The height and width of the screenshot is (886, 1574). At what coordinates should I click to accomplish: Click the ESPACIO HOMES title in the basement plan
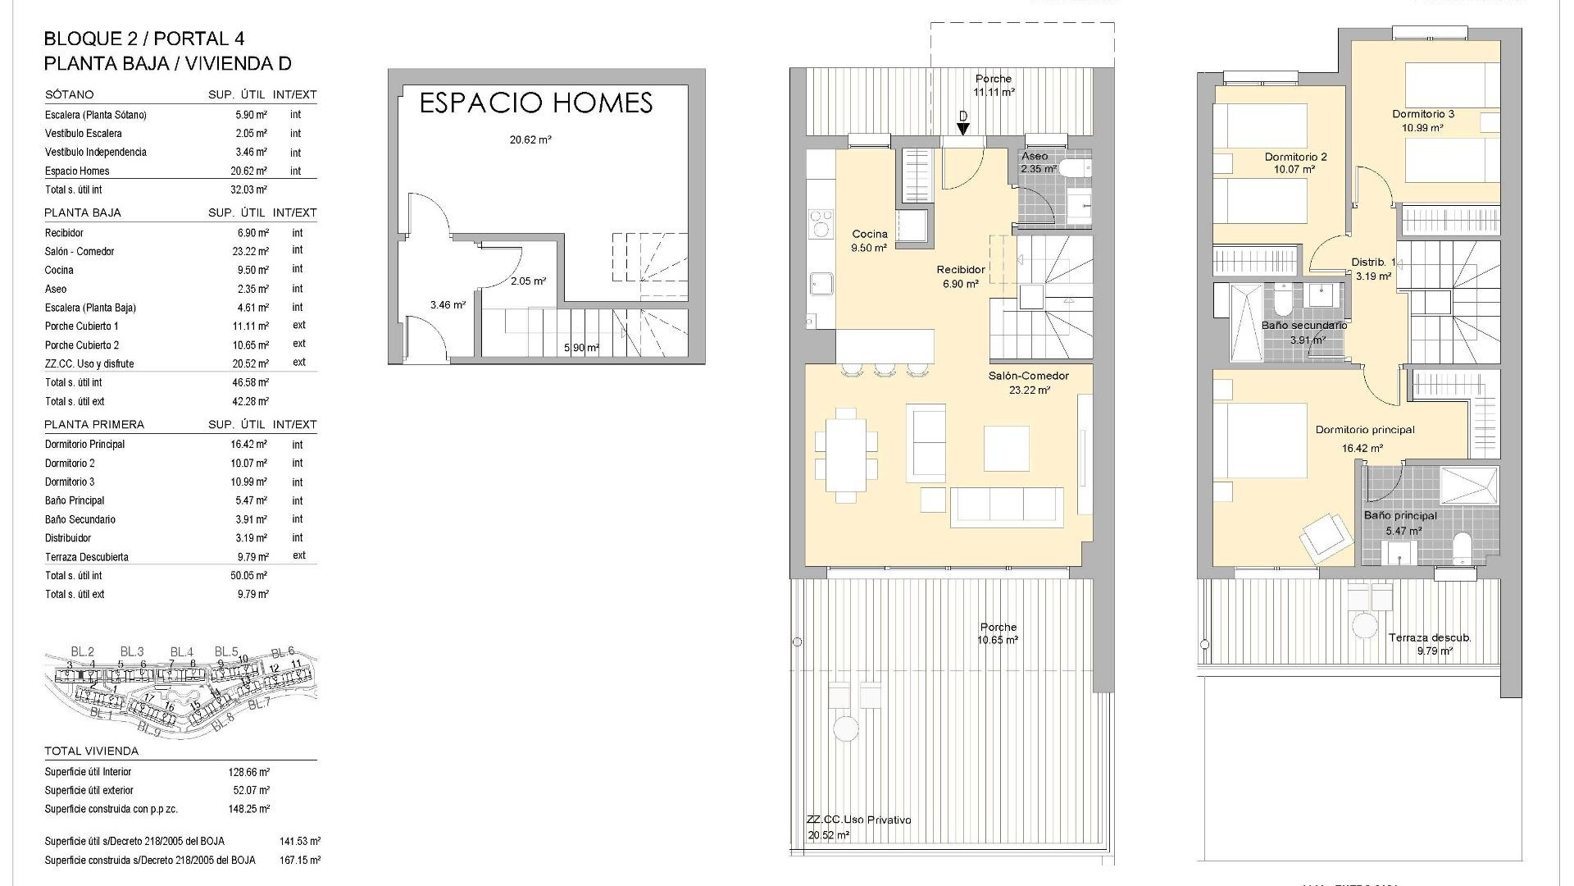pos(535,103)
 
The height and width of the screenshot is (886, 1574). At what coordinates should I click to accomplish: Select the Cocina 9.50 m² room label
pos(869,240)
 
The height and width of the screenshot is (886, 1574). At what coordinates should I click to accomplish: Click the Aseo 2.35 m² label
pos(1035,162)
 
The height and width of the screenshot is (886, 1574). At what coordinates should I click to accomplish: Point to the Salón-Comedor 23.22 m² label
pos(1029,383)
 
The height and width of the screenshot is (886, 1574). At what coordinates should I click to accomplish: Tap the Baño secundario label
pos(1303,332)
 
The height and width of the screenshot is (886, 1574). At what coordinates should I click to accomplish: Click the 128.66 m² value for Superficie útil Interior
pos(249,772)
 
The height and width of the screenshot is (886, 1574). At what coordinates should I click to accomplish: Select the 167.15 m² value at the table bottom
pos(300,861)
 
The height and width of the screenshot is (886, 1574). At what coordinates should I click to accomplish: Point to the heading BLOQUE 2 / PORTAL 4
pos(143,39)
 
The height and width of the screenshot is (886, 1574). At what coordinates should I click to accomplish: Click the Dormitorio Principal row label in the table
pos(84,444)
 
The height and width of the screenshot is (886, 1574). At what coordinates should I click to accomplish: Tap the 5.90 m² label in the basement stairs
pos(581,348)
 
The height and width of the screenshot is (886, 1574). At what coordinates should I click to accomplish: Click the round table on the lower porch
pos(845,728)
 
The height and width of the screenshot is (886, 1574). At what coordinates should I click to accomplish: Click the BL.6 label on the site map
pos(283,651)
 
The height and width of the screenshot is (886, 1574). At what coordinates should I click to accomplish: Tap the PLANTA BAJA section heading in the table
pos(83,212)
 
